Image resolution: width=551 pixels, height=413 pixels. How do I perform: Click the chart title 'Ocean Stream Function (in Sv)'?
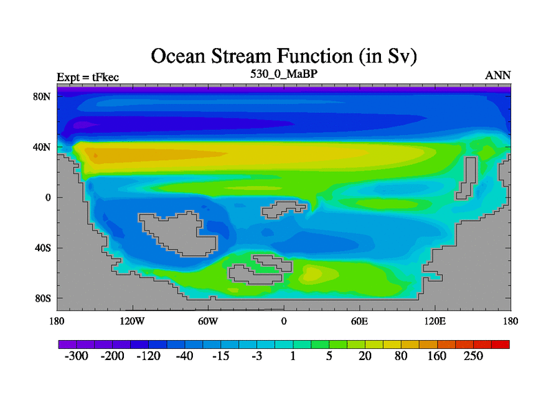284,56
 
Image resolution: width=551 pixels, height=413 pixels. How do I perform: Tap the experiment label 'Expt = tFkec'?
88,77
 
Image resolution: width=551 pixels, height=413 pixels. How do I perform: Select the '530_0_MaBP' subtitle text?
284,74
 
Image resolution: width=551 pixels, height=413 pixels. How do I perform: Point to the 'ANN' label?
498,76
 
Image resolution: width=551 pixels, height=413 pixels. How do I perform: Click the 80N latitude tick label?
42,96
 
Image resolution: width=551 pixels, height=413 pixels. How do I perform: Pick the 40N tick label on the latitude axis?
42,147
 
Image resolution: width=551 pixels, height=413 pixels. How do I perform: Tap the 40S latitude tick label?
43,248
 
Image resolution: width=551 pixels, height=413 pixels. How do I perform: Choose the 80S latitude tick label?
43,299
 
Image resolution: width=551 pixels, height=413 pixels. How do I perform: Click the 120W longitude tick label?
132,321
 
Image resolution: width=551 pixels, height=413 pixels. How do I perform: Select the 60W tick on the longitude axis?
208,321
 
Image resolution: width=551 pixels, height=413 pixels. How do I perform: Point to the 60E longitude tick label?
360,321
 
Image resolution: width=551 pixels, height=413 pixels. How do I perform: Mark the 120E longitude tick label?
435,321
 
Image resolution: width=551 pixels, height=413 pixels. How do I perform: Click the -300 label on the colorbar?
76,356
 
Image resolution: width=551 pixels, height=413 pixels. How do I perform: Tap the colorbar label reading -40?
185,356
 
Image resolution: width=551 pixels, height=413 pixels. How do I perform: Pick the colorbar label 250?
473,356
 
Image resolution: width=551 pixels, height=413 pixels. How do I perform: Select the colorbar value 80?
401,356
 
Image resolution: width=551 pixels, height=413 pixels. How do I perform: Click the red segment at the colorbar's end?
501,345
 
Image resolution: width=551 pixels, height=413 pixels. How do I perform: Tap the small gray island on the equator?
284,209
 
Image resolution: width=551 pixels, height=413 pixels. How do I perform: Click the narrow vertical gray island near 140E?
467,178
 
